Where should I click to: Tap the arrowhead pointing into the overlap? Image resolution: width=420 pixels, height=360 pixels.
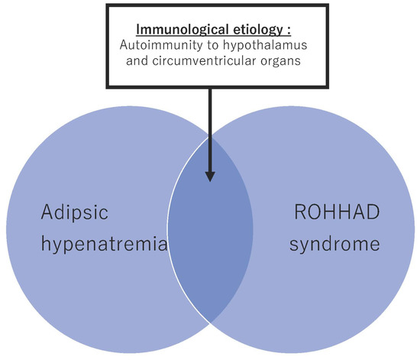click(x=210, y=175)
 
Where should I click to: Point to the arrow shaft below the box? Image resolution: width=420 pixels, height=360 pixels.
click(x=210, y=122)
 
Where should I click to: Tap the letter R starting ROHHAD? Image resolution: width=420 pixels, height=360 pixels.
click(x=300, y=211)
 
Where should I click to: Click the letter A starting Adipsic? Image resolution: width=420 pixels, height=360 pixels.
click(x=47, y=211)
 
